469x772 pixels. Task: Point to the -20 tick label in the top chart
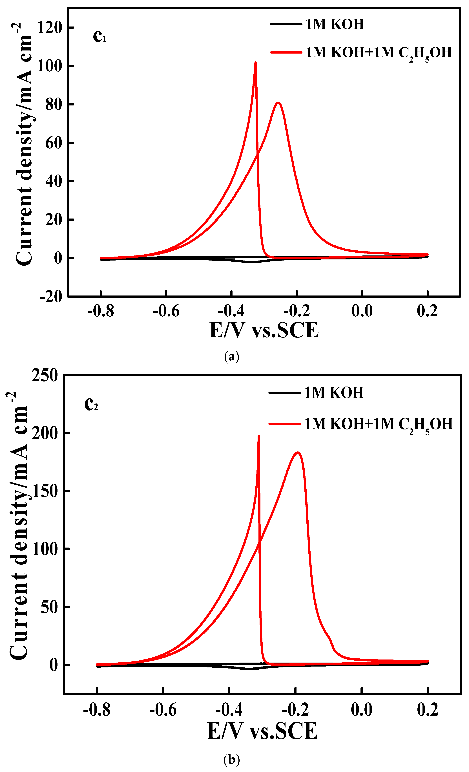[x=51, y=296]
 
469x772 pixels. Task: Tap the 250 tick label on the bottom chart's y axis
[x=45, y=375]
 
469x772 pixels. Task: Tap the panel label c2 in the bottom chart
[x=91, y=404]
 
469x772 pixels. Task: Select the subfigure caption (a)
[x=232, y=357]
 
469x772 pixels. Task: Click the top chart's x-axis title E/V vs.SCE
[x=264, y=330]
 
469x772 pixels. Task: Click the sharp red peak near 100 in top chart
[x=256, y=63]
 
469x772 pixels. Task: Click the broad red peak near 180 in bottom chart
[x=298, y=453]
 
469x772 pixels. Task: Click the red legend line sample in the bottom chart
[x=284, y=424]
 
